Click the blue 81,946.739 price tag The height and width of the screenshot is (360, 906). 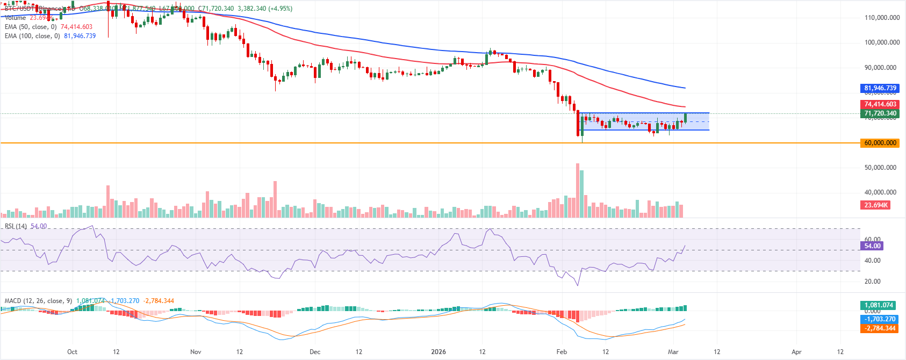pos(880,88)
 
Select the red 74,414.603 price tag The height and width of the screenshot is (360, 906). pos(880,104)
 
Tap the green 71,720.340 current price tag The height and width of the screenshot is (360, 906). pos(880,113)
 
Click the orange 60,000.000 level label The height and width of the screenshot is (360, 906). pos(880,143)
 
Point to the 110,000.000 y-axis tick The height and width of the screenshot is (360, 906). pos(882,18)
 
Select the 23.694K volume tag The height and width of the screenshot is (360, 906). pos(876,205)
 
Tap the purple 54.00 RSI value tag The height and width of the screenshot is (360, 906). pos(872,246)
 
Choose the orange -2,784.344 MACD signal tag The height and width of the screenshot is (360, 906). pos(880,328)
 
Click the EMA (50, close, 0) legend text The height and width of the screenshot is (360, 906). pos(31,27)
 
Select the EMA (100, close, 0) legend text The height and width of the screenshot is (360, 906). pos(32,36)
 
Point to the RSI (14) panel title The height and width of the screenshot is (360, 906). pos(16,226)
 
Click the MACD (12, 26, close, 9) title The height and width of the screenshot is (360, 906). pos(38,301)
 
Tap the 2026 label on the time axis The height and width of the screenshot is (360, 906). pos(438,352)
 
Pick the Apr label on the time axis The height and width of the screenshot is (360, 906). pos(796,352)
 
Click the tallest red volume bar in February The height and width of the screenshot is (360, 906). pos(578,191)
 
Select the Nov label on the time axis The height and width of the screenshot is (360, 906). pos(196,352)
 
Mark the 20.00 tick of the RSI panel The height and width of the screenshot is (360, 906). pos(872,282)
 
